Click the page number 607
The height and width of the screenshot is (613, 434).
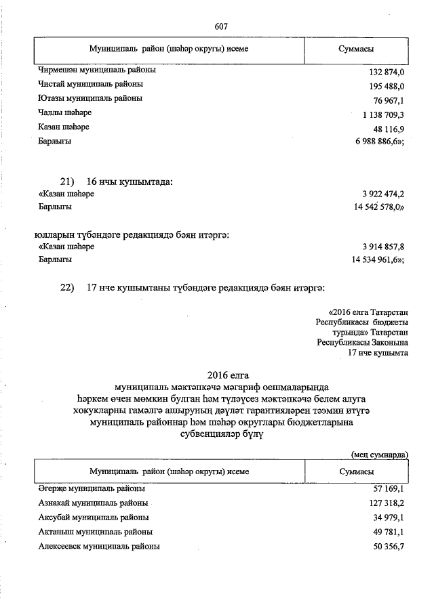point(220,26)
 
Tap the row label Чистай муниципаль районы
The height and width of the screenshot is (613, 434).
point(91,85)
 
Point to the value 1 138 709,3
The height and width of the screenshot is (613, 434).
point(382,114)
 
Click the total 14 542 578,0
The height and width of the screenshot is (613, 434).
point(377,208)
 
